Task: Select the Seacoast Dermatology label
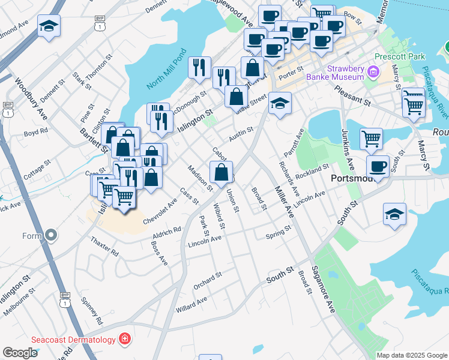tap(82, 340)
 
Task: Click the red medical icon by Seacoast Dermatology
tap(124, 340)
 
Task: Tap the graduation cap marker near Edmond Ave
tap(49, 26)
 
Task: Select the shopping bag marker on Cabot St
tap(221, 172)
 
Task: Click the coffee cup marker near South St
tap(378, 166)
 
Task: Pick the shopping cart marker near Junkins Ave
tap(372, 139)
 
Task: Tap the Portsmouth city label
tap(353, 179)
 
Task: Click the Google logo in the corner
tap(20, 353)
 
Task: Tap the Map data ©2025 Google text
tap(411, 355)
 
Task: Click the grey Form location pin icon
tap(50, 235)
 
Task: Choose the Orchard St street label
tap(208, 280)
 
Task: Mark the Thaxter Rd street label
tap(104, 245)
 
